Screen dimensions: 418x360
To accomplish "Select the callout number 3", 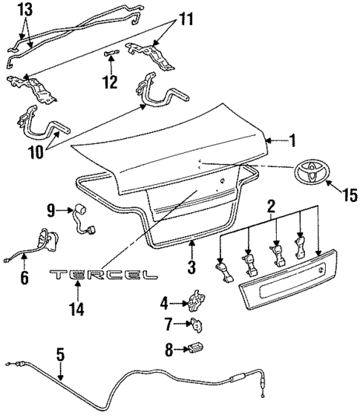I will click(191, 266).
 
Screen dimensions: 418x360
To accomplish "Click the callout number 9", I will click(52, 212).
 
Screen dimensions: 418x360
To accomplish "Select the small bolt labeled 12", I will click(111, 53).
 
